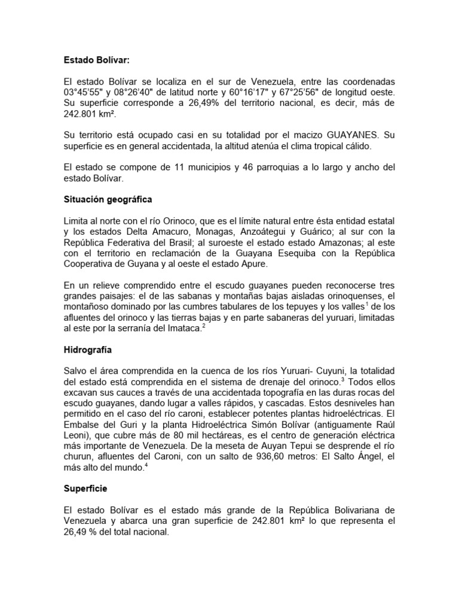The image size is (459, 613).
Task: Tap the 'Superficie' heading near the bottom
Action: (x=86, y=488)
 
